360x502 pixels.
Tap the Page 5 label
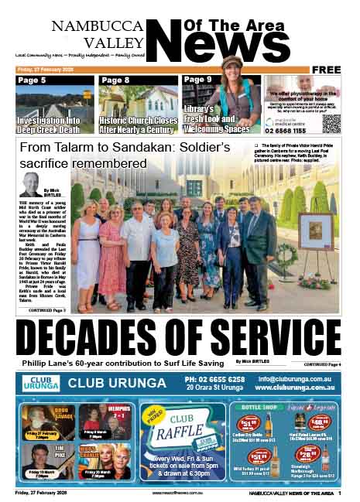[32, 80]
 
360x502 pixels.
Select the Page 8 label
[115, 80]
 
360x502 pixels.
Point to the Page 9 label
[198, 80]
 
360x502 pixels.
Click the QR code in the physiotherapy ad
[331, 124]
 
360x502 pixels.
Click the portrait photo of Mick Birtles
[30, 185]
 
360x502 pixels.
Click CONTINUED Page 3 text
[51, 309]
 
